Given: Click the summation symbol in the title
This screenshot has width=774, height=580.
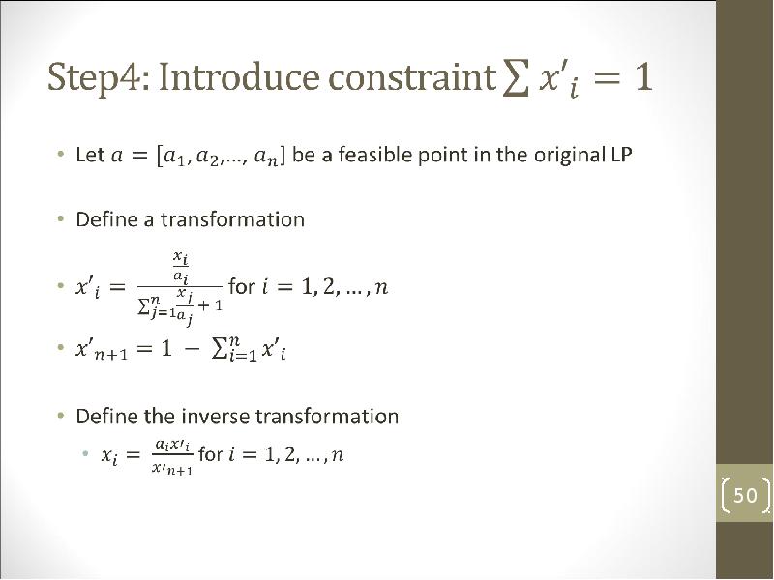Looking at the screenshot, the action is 515,79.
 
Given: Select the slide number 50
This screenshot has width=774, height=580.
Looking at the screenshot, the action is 745,495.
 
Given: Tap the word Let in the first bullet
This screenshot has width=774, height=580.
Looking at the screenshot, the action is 90,155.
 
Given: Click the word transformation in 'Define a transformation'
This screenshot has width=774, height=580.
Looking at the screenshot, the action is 232,219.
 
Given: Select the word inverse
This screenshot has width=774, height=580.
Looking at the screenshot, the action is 216,417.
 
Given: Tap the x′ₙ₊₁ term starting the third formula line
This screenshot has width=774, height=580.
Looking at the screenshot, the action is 102,350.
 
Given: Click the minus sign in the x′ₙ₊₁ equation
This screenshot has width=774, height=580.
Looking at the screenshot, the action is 193,350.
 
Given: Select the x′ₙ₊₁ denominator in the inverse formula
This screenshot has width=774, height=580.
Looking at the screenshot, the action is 172,469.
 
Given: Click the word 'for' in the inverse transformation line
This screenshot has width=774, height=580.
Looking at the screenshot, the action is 211,453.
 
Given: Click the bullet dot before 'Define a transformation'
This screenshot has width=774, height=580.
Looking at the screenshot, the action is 60,218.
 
